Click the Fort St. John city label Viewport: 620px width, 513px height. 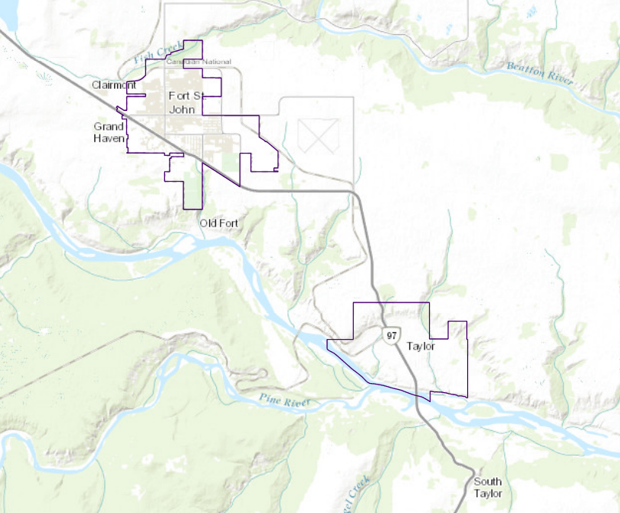coord(186,103)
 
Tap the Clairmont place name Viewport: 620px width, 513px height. coord(113,85)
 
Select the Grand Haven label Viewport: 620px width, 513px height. coord(109,132)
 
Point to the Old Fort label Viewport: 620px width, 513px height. coord(218,223)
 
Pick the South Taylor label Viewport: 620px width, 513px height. coord(488,488)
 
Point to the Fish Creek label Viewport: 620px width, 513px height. coord(158,52)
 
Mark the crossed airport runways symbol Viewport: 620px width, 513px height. coord(318,135)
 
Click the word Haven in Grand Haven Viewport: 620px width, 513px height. coord(109,138)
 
